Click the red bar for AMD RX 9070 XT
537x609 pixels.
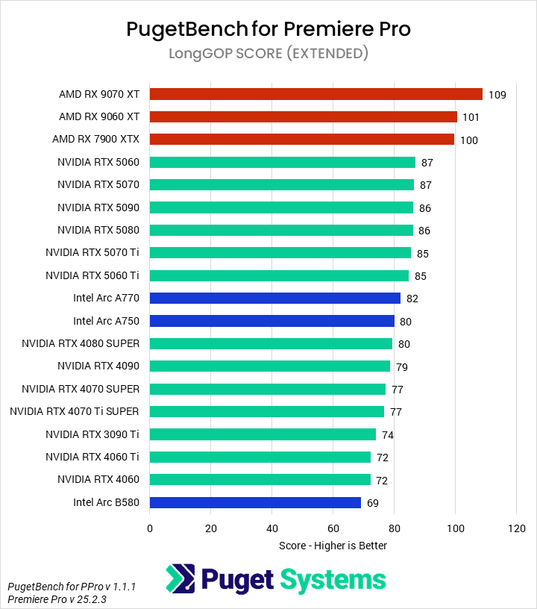[315, 94]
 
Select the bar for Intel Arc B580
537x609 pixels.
[255, 502]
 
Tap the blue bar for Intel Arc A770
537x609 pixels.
[274, 298]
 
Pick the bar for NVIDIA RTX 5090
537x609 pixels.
[281, 207]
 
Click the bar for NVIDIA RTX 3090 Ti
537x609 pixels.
[263, 434]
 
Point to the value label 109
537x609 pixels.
[497, 95]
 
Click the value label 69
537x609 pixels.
[373, 503]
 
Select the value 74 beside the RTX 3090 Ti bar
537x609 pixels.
[388, 435]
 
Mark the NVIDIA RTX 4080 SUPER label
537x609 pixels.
[81, 343]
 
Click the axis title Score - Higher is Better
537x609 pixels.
[333, 546]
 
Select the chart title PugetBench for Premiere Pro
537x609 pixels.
[268, 29]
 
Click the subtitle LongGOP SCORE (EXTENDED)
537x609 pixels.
[268, 54]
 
